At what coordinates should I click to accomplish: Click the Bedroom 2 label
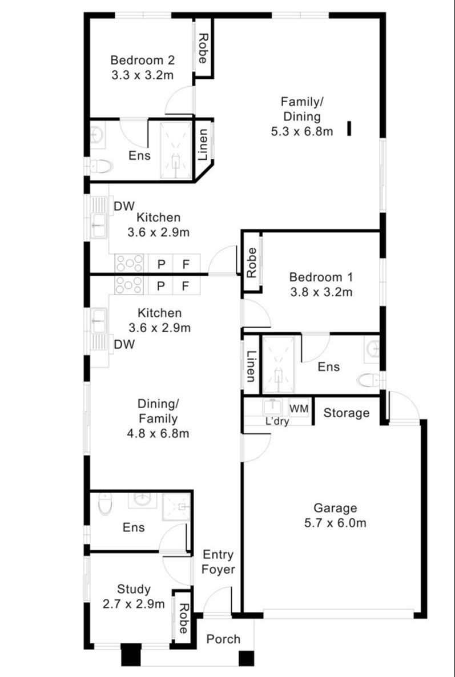click(x=142, y=60)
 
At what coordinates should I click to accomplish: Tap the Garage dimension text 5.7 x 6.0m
click(x=335, y=523)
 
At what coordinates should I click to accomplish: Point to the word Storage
click(x=347, y=413)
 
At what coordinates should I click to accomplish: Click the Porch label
click(x=223, y=639)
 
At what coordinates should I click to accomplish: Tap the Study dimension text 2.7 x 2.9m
click(x=134, y=604)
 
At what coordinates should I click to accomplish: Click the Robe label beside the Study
click(x=183, y=619)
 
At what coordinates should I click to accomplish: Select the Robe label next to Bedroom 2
click(x=203, y=48)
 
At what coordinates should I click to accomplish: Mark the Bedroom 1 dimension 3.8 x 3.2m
click(x=321, y=293)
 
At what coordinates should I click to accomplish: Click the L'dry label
click(x=277, y=422)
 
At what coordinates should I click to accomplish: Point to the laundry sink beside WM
click(x=272, y=408)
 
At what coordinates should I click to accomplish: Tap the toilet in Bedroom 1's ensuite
click(x=367, y=380)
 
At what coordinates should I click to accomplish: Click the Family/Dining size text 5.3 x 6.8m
click(x=302, y=132)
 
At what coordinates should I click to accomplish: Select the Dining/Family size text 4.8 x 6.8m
click(x=159, y=433)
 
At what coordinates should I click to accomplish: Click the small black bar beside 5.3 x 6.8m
click(x=349, y=129)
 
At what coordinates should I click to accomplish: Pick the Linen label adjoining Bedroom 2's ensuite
click(x=203, y=146)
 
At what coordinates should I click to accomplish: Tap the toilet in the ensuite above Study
click(x=104, y=504)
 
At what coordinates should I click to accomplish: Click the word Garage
click(x=335, y=508)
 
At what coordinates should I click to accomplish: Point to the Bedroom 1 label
click(x=321, y=278)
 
